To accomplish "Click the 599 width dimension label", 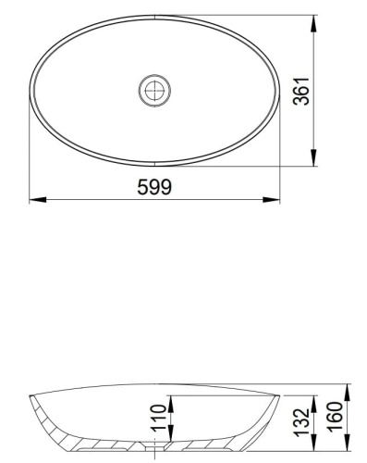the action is (x=154, y=187).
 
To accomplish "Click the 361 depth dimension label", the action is (x=301, y=92).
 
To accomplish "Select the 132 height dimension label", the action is (x=301, y=423).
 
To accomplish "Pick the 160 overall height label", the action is (x=335, y=416).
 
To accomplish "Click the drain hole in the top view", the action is (x=154, y=91).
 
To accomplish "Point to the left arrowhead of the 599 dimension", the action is (x=38, y=200).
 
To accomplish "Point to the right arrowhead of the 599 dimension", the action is (x=271, y=200).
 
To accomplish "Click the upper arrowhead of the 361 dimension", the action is (x=313, y=23).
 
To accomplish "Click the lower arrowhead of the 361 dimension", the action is (x=313, y=157).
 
